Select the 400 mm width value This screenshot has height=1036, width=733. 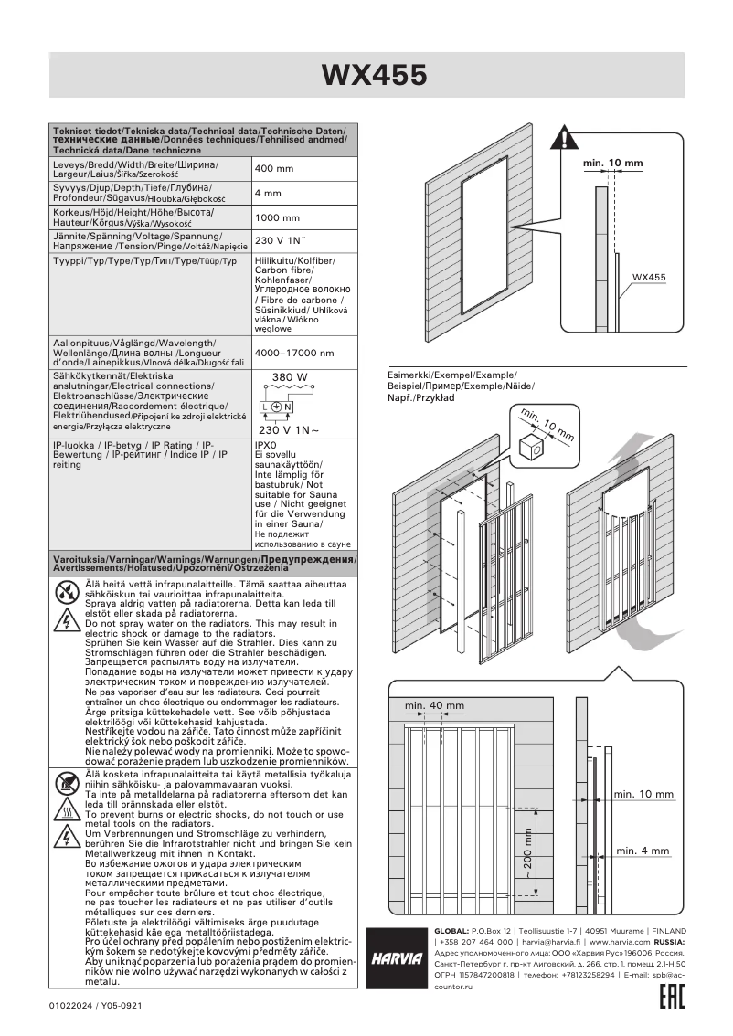pos(274,169)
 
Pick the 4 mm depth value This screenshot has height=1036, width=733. pos(268,194)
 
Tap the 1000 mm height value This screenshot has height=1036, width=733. pos(277,218)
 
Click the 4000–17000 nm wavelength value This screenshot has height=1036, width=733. pos(293,353)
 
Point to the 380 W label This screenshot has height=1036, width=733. pos(290,377)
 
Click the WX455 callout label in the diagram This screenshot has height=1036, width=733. pos(649,277)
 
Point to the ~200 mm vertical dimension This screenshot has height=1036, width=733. pos(527,854)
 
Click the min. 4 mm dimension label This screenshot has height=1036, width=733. pos(643,851)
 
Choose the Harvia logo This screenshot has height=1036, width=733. pos(396,958)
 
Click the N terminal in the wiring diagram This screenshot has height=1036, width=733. pos(288,407)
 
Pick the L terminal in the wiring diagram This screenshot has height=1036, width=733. pos(263,407)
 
